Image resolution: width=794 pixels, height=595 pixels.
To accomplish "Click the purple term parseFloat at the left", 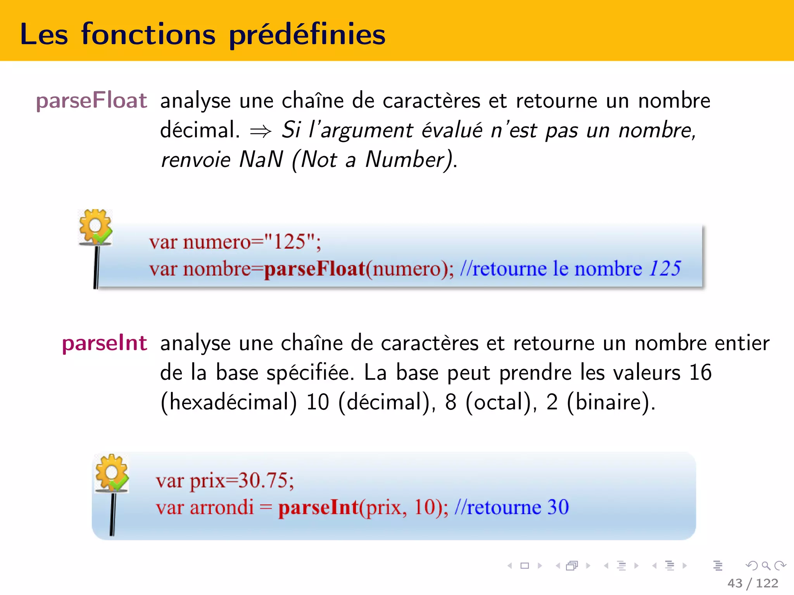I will [91, 101].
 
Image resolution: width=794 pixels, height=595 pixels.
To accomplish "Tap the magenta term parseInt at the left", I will [105, 343].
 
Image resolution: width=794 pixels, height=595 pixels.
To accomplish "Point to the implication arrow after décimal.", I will [261, 132].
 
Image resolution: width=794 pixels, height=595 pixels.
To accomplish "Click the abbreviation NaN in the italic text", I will [261, 159].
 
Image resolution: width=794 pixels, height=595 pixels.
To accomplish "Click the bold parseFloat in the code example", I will [314, 269].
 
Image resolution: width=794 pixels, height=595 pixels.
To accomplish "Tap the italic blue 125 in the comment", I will [665, 268].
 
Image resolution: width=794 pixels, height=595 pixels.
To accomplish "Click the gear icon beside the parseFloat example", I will [95, 227].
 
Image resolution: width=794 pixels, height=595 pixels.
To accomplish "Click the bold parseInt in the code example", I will [318, 507].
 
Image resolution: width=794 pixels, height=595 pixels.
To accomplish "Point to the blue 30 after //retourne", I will [558, 507].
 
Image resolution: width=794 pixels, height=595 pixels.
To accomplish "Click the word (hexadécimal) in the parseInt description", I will [229, 402].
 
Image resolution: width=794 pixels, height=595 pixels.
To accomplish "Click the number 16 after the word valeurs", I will [700, 373].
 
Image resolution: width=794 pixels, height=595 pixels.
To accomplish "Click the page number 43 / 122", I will [753, 583].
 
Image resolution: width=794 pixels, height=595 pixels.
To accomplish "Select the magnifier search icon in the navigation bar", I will [766, 566].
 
